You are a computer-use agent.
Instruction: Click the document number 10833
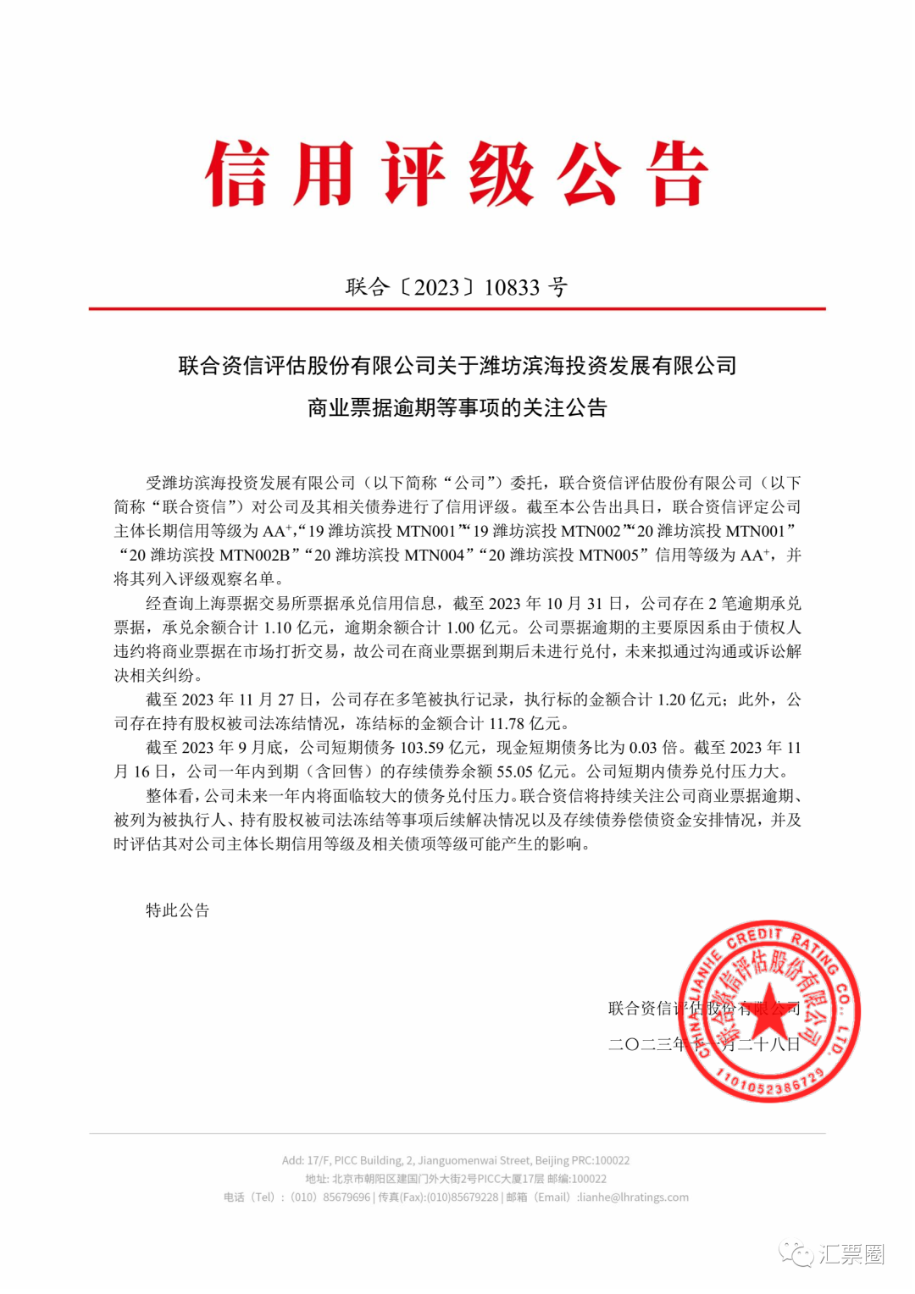tap(512, 288)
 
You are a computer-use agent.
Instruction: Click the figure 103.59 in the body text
tap(423, 748)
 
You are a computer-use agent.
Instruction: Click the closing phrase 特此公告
tap(177, 910)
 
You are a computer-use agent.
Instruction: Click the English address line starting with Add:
tap(456, 1160)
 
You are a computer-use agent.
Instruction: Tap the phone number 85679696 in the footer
tap(347, 1197)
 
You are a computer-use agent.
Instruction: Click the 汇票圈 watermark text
tap(851, 1254)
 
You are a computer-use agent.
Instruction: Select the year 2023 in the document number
tap(437, 288)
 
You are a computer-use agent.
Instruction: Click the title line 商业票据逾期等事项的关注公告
tap(457, 408)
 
